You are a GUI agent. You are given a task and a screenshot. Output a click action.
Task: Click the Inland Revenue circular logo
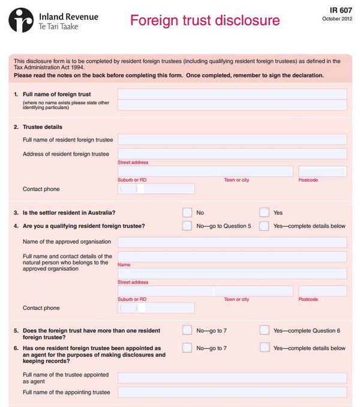[21, 20]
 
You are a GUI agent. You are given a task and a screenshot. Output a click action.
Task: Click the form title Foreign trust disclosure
[205, 20]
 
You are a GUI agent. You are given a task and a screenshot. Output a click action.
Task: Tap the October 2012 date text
[338, 19]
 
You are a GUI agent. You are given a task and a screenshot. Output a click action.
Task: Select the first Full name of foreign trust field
[232, 94]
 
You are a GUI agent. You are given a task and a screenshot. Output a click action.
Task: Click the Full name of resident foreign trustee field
[232, 140]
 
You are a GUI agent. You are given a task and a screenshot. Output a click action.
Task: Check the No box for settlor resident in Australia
[187, 212]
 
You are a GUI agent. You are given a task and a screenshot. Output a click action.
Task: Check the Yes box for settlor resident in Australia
[264, 212]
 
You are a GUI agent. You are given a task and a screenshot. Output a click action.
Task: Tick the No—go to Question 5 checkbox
[187, 226]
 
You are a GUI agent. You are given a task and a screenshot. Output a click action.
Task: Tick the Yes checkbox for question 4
[264, 226]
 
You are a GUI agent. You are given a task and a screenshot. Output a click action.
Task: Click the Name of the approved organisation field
[232, 242]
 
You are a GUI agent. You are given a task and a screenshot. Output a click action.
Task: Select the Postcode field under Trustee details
[322, 171]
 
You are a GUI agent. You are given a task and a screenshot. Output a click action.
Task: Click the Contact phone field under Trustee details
[157, 189]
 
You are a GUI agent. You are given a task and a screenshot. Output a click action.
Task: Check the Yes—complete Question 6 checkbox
[264, 330]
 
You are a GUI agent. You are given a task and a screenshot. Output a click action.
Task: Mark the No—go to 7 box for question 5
[187, 330]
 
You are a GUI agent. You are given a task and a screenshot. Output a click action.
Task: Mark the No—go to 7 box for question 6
[187, 348]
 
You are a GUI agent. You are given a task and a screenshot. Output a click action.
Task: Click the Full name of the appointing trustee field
[232, 392]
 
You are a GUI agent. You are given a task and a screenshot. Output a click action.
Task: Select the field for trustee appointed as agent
[232, 378]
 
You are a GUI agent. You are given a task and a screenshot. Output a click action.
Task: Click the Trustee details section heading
[43, 127]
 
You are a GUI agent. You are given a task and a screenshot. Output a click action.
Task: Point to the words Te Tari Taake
[58, 26]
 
